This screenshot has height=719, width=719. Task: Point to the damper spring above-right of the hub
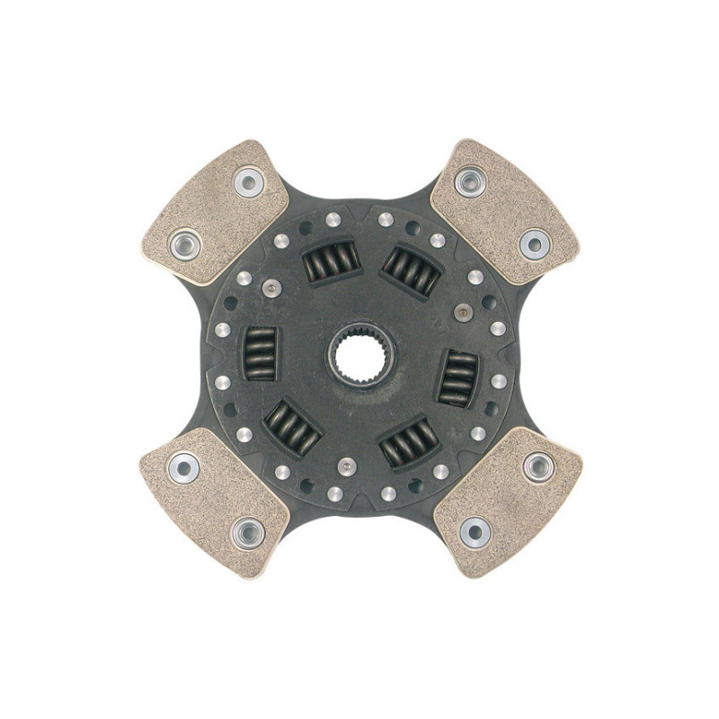tap(412, 270)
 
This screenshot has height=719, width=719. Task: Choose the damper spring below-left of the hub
tap(292, 426)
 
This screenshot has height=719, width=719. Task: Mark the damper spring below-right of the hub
tap(408, 441)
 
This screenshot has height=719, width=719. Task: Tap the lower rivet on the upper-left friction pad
tap(186, 243)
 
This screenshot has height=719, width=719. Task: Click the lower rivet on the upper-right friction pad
tap(534, 243)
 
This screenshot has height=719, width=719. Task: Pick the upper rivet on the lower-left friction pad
tap(184, 468)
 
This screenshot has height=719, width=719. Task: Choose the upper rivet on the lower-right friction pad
tap(537, 466)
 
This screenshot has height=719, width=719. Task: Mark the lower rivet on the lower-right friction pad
tap(475, 532)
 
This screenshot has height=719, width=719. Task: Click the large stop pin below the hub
tap(348, 467)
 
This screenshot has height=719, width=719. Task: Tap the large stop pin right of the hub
tap(463, 313)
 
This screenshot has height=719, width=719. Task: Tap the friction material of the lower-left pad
tap(216, 499)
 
